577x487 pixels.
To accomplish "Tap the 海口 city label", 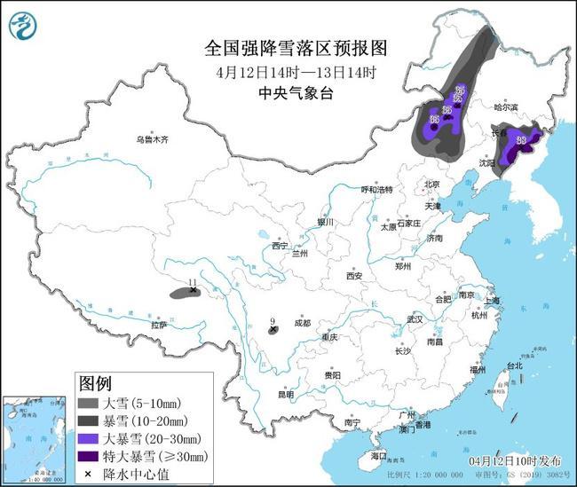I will click(380, 455).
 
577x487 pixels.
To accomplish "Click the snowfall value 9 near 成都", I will click(273, 321).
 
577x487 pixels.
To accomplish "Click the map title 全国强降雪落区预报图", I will click(288, 46).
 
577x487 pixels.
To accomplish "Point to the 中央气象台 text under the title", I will click(288, 90).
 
